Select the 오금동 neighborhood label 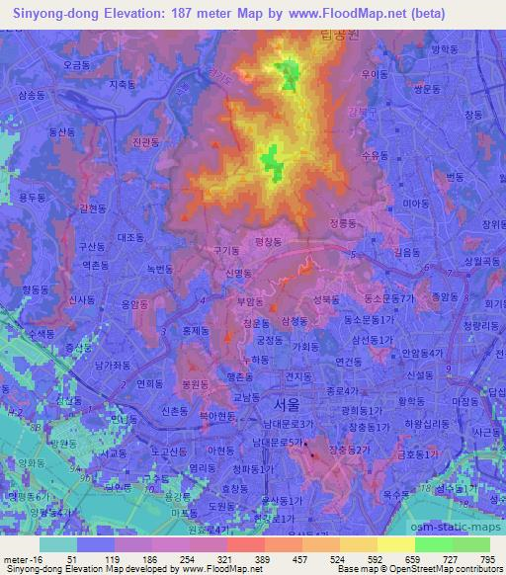[x=79, y=63]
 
